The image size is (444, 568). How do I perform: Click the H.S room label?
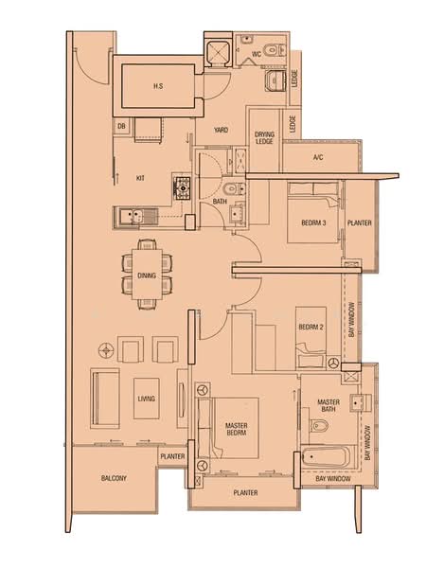(158, 86)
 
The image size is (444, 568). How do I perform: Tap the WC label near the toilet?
(256, 55)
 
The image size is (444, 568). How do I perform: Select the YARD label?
(221, 131)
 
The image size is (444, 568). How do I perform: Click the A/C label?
(317, 157)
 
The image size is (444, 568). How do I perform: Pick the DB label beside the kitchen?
(121, 126)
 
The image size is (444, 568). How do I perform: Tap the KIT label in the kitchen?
(140, 177)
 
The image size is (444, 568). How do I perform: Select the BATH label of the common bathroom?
(220, 202)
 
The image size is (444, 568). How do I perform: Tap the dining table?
(147, 273)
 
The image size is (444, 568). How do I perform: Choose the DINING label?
(147, 275)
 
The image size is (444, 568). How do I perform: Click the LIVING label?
(145, 399)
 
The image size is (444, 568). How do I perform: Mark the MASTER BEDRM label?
(236, 431)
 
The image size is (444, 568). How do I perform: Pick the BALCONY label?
(114, 479)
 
